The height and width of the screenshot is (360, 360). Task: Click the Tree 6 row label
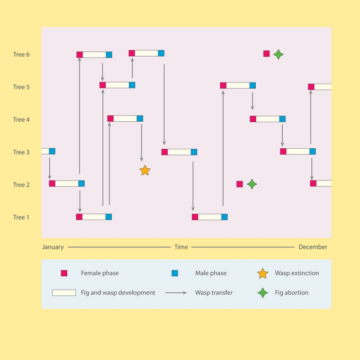pos(21,55)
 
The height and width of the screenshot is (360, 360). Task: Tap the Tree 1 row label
pos(21,217)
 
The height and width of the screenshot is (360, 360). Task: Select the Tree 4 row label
pos(21,120)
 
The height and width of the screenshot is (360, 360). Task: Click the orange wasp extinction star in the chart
pos(145,170)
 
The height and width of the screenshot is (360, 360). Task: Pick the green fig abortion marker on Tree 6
pos(278,55)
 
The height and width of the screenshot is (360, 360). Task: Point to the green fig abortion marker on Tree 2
pos(252,184)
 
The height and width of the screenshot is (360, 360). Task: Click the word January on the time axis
pos(53,247)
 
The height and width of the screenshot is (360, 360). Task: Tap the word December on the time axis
pos(313,247)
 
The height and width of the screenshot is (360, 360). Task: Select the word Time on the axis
pos(181,247)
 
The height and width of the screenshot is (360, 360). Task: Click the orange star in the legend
pos(263,274)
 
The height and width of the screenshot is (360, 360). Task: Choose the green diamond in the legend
pos(263,293)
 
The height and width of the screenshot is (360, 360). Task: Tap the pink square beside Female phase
pos(64,273)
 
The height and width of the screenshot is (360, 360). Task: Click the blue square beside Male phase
pos(175,273)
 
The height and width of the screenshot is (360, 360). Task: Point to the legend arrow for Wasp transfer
pos(176,293)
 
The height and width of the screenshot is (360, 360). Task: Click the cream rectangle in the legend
pos(64,293)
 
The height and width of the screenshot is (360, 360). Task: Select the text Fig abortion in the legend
pos(292,293)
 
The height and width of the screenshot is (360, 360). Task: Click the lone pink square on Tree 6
pos(266,53)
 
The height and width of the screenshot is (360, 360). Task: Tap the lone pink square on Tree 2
pos(240,184)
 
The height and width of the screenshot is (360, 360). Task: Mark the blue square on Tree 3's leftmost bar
pos(52,151)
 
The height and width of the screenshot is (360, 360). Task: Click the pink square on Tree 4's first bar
pos(111,119)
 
